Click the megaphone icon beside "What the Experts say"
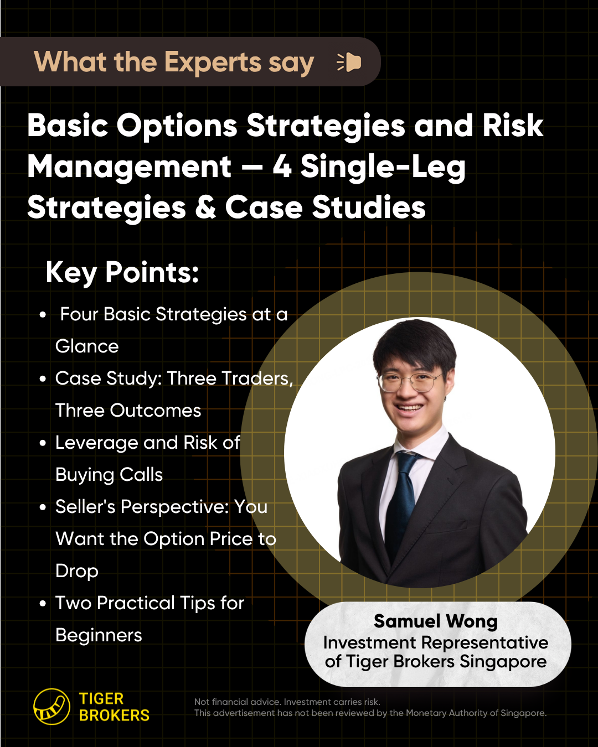coord(349,63)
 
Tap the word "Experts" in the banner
coord(212,62)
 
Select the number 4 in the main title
coord(282,166)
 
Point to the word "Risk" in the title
coord(513,125)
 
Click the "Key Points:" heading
coord(122,272)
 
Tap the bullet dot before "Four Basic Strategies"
coord(43,315)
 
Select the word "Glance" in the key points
coord(87,346)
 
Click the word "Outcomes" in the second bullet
coord(156,410)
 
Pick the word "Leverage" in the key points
coord(96,443)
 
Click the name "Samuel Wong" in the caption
coord(436,621)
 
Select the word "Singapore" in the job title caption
coord(503,661)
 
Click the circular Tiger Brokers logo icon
coord(51,707)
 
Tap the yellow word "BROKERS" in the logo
coord(114,715)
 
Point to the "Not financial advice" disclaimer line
coord(287,702)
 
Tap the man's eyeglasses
coord(410,382)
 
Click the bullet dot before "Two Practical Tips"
coord(43,604)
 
